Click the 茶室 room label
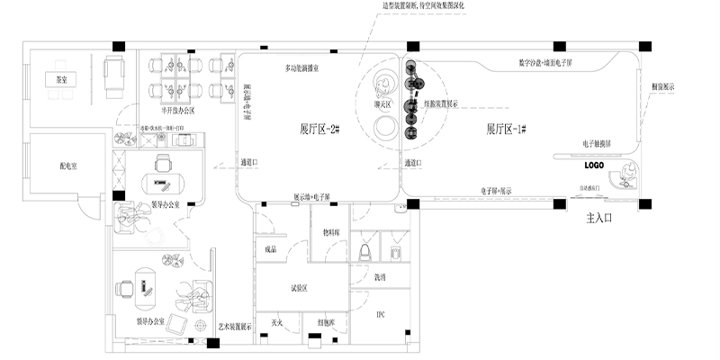pos(51,79)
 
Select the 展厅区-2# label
pos(319,129)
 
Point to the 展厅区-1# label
pos(506,129)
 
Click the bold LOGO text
pos(593,166)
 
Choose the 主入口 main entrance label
pos(598,218)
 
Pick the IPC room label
pos(380,314)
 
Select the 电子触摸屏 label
pos(597,144)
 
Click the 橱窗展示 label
pos(663,86)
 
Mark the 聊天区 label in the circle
pos(382,104)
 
